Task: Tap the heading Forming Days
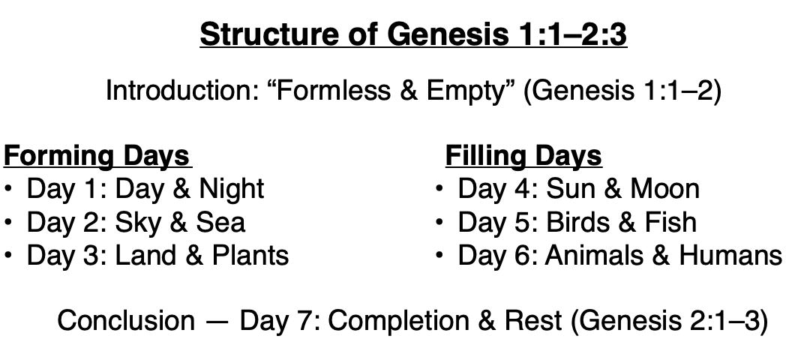[97, 156]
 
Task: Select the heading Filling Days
[523, 156]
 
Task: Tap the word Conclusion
[125, 320]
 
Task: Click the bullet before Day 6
[440, 256]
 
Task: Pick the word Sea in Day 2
[221, 222]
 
